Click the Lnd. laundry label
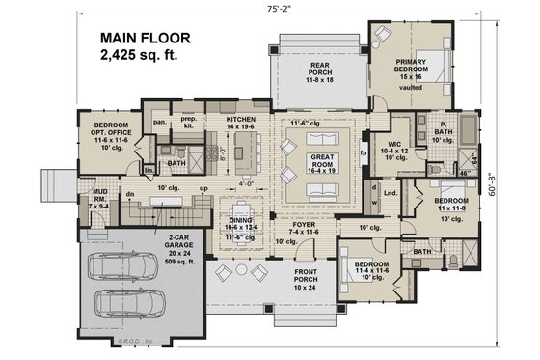(x=391, y=193)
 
